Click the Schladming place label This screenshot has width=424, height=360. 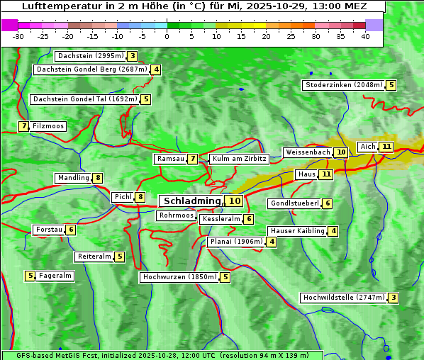(x=191, y=201)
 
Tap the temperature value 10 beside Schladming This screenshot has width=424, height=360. (x=235, y=201)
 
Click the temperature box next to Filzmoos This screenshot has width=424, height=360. (x=23, y=126)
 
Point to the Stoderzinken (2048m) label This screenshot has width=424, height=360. (x=344, y=85)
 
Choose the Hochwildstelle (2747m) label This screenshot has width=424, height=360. (x=344, y=298)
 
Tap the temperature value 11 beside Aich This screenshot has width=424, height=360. (x=386, y=147)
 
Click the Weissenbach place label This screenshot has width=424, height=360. (x=308, y=152)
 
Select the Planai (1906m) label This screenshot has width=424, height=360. (x=237, y=242)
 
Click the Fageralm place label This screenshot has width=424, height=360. (x=55, y=276)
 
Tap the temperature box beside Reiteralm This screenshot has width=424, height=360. (x=120, y=257)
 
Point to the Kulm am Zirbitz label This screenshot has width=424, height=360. (x=239, y=159)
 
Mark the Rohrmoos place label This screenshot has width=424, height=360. (x=176, y=215)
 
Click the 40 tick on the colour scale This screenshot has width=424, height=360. (x=365, y=36)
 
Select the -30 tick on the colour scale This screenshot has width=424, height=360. (x=18, y=36)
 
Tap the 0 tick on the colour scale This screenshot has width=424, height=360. (x=167, y=36)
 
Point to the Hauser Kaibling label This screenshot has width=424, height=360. (x=296, y=231)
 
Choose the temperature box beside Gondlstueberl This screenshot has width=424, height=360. (x=327, y=203)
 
